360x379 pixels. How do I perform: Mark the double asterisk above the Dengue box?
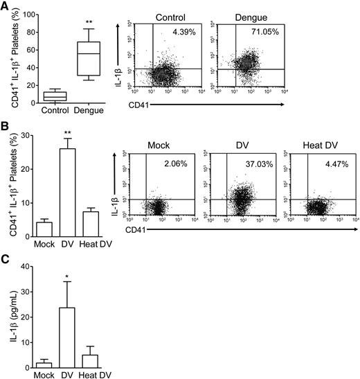[x=89, y=23]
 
